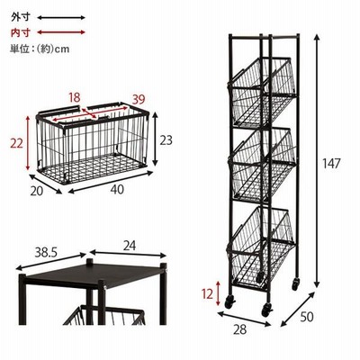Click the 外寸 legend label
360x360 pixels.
pos(21,17)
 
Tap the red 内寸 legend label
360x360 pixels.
pos(21,32)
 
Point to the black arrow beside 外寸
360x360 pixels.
pos(61,18)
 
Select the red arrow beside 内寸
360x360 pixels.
pos(61,32)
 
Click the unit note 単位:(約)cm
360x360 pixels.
pos(40,49)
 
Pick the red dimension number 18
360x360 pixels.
pos(75,97)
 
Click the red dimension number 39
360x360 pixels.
pos(139,99)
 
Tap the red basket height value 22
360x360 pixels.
pos(16,144)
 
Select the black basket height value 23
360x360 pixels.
pos(166,140)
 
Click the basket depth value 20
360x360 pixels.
pos(37,191)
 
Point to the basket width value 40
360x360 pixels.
pos(117,189)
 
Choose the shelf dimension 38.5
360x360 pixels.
pos(46,253)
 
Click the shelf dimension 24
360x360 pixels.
pos(130,246)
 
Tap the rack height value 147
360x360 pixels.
pos(331,164)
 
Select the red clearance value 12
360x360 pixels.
pos(207,294)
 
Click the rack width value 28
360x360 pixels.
pos(239,329)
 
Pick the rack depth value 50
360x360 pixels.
pos(306,317)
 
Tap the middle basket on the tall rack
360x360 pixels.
pos(262,165)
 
